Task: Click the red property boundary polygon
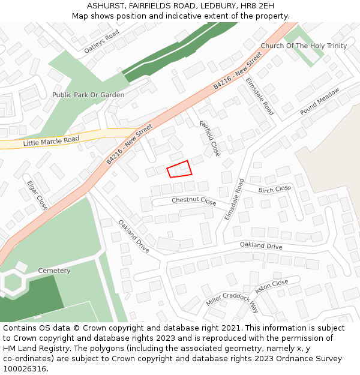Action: (179, 169)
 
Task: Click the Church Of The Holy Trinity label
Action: (304, 46)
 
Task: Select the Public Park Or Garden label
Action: (88, 95)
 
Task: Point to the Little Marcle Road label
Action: (51, 142)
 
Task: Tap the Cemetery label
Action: (54, 271)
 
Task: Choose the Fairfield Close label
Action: (210, 138)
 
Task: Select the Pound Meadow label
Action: (320, 100)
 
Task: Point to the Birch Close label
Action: (274, 189)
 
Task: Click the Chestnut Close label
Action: (194, 200)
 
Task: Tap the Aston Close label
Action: (271, 287)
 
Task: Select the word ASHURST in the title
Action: (106, 5)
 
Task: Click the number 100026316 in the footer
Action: (25, 368)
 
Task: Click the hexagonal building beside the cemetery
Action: (12, 282)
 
